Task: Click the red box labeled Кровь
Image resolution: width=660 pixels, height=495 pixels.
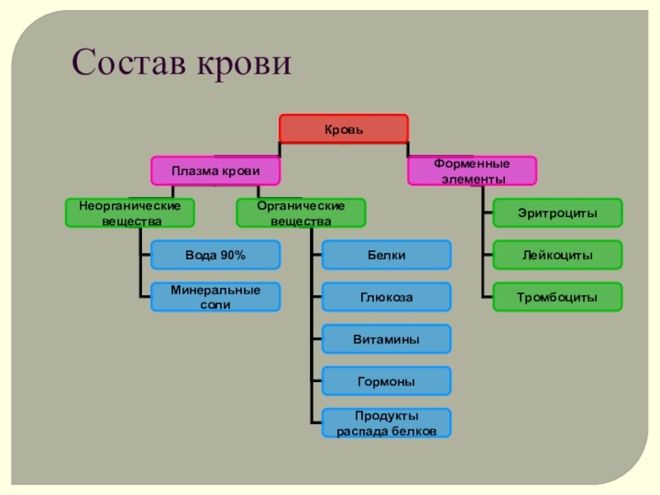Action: (343, 129)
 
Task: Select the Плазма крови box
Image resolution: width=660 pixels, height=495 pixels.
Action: (214, 171)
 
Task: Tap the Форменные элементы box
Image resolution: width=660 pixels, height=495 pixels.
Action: (473, 171)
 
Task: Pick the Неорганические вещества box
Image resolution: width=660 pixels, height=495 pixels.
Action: (130, 213)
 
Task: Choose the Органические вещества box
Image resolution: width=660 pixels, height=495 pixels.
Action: (300, 213)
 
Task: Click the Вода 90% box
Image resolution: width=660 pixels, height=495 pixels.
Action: (215, 255)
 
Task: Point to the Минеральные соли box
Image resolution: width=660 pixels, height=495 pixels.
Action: (215, 297)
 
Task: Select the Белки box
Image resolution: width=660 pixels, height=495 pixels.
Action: (386, 255)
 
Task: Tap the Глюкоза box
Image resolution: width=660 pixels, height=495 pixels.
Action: (386, 297)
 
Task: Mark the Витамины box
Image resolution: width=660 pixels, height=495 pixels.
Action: (386, 339)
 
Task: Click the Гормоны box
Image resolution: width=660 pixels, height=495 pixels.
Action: (386, 381)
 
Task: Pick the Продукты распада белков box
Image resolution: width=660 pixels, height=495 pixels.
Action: (386, 423)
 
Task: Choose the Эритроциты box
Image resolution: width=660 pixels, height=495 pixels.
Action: (558, 213)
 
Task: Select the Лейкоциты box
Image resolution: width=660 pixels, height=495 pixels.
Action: (558, 255)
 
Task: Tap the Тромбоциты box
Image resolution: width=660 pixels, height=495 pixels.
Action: (558, 297)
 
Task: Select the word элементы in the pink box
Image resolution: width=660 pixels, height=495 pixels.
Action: (473, 178)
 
